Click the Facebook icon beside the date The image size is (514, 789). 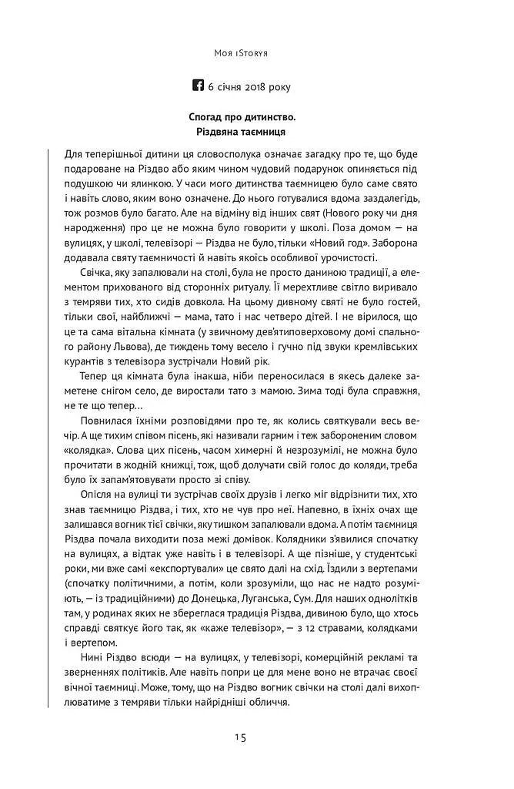[200, 86]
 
